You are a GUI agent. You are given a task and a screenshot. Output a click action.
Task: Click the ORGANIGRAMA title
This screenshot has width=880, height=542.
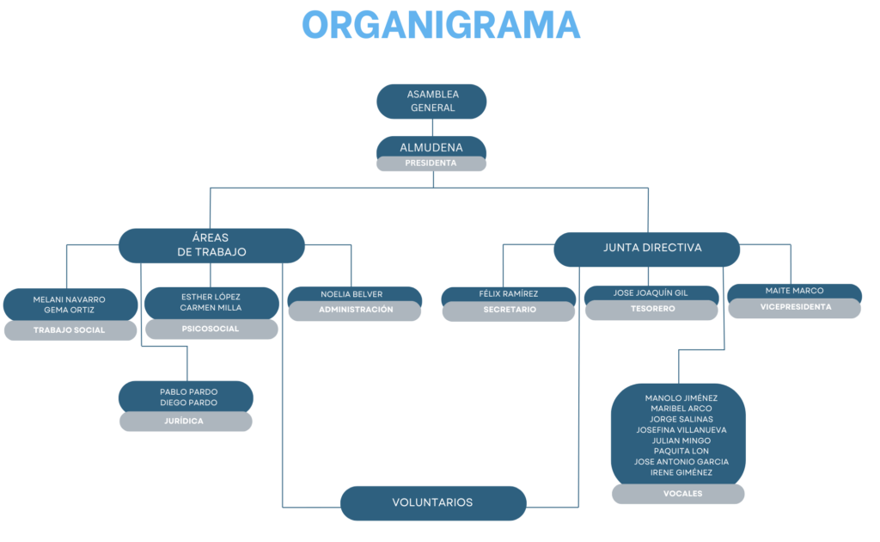(441, 25)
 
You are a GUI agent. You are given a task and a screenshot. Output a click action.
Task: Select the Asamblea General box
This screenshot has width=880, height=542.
(431, 102)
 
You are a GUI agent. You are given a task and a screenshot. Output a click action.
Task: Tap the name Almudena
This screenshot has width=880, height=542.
(431, 148)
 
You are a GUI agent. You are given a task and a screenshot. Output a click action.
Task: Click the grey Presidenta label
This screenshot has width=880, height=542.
(431, 163)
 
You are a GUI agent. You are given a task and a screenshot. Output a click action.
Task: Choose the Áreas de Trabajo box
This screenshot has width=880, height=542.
(211, 245)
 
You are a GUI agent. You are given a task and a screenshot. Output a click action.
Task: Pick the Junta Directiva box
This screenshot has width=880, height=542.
(646, 249)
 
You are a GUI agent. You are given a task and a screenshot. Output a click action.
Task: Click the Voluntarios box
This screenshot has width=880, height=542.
(433, 503)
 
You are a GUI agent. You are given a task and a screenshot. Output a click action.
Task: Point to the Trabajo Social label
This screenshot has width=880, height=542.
(70, 330)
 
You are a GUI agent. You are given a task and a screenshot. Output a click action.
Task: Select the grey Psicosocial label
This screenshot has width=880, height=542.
(211, 330)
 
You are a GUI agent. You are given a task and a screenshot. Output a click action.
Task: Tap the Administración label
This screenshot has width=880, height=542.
(355, 310)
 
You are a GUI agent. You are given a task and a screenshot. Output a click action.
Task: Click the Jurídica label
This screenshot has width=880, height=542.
(186, 422)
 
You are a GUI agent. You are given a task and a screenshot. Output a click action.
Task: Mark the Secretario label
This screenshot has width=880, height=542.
(509, 310)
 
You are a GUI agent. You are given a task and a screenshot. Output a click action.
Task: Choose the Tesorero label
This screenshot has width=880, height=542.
(651, 309)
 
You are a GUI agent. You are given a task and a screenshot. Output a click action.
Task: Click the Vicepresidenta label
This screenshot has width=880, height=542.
(795, 307)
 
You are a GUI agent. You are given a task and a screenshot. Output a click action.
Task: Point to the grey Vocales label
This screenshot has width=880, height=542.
(678, 494)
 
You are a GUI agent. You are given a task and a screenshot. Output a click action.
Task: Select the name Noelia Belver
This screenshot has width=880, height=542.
(351, 294)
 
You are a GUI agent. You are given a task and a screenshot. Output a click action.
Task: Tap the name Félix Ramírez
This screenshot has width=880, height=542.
(509, 293)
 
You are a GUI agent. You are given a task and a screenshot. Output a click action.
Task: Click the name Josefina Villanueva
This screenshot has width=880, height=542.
(681, 430)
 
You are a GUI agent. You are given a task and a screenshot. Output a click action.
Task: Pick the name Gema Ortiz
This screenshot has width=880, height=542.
(69, 310)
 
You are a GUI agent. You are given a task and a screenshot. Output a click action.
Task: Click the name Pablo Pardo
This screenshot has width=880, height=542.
(188, 392)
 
